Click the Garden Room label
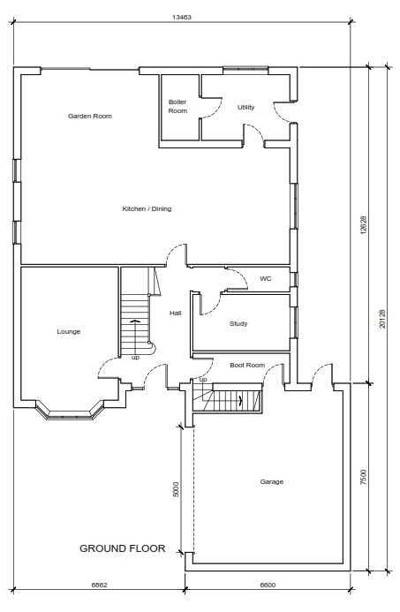tap(89, 116)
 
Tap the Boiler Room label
tap(177, 107)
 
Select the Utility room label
tap(245, 107)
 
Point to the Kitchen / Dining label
tap(147, 209)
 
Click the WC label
tap(265, 279)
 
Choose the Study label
tap(238, 323)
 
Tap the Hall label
tap(175, 313)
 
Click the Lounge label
tap(68, 331)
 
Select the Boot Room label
tap(247, 365)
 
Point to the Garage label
tap(272, 481)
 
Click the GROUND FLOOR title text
tap(123, 548)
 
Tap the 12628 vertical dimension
tap(363, 225)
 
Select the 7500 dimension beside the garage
tap(363, 477)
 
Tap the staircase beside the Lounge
tap(135, 318)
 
